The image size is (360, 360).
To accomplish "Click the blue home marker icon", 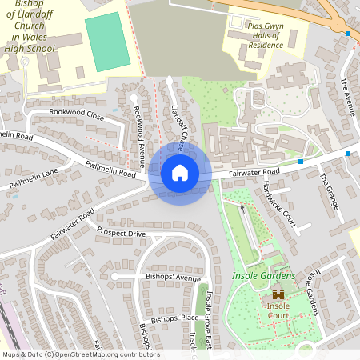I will (x=180, y=173).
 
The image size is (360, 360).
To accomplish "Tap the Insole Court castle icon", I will (x=278, y=294).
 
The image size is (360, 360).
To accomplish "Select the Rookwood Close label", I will (x=77, y=114).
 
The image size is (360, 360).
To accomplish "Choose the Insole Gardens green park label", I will (x=264, y=277).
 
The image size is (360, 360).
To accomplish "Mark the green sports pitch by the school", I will (x=107, y=41).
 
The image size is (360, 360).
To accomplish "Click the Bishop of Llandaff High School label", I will (x=34, y=26).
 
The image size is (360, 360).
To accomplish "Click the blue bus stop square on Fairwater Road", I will (x=301, y=162).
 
